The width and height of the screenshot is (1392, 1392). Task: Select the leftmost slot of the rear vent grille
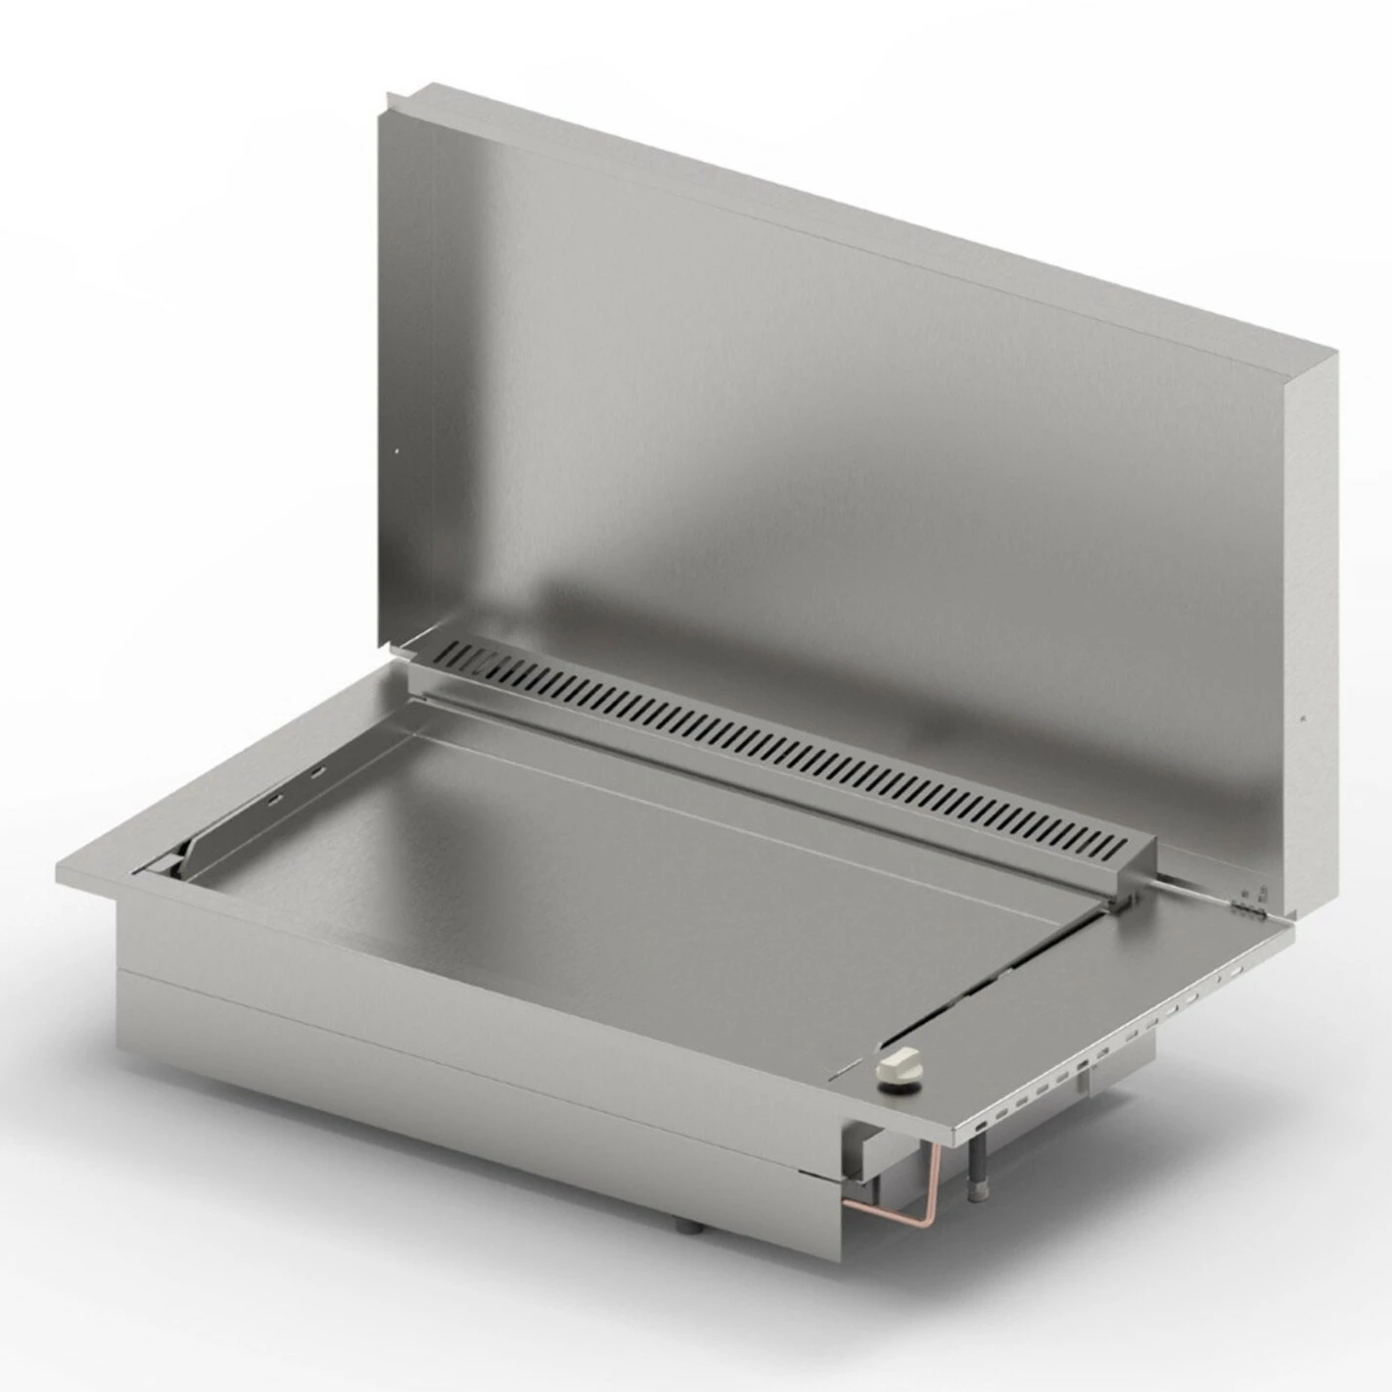[452, 650]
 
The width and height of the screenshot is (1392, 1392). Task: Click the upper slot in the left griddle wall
[318, 774]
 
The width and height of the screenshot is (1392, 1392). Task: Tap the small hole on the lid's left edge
[396, 451]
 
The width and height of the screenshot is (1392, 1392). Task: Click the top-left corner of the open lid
[389, 94]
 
